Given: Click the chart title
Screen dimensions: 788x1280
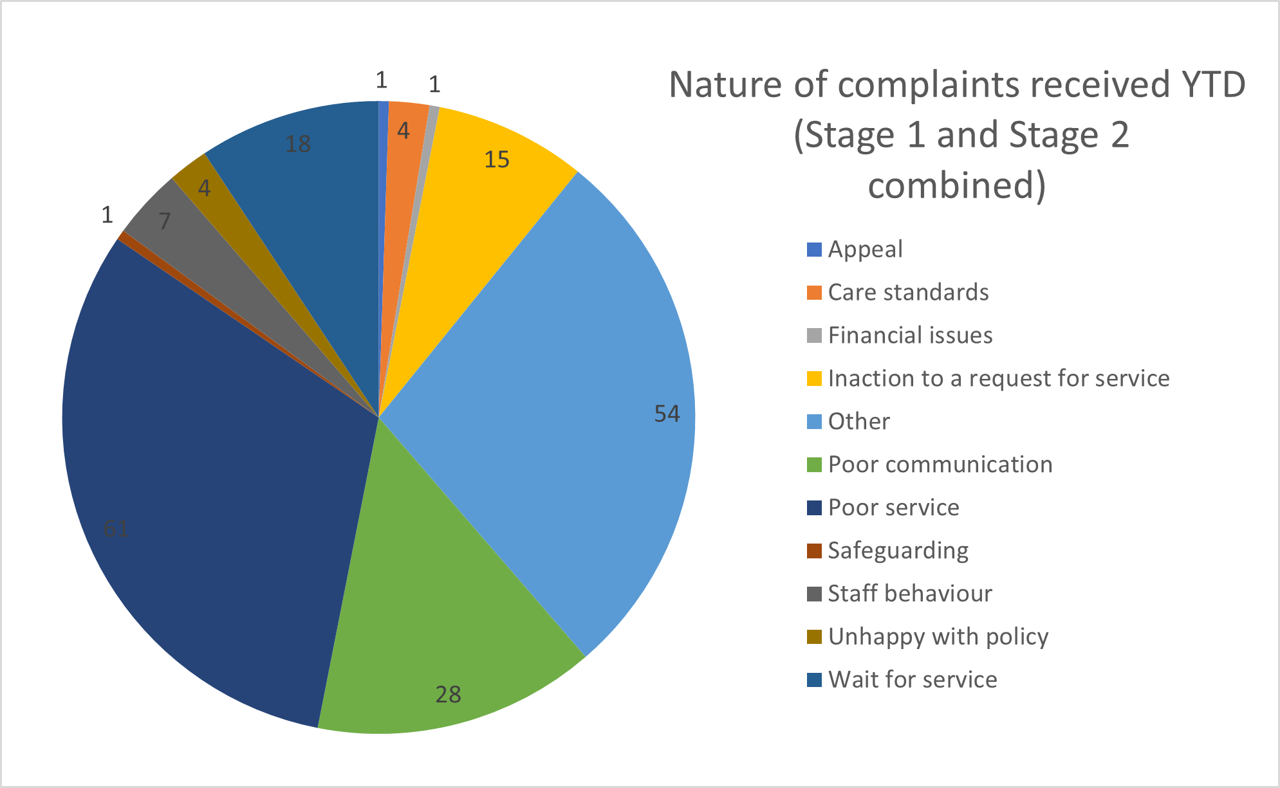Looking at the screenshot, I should click(x=957, y=135).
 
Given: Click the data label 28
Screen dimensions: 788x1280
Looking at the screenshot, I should click(x=448, y=695).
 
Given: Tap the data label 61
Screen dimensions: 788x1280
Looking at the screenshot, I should click(x=116, y=529).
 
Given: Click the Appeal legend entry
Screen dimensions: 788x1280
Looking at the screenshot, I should click(x=865, y=250).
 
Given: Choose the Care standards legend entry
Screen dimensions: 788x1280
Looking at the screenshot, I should click(x=908, y=293).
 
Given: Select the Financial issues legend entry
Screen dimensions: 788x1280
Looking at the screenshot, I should click(x=910, y=336).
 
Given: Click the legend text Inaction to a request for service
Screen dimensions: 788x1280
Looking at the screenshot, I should click(x=998, y=379).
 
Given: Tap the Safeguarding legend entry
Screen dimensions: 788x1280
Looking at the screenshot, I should click(x=898, y=551).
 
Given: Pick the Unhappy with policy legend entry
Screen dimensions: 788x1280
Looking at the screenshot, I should click(x=938, y=637).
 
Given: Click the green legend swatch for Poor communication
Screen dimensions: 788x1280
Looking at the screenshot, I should click(x=814, y=465).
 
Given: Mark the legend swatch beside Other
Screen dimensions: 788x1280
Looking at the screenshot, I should click(x=814, y=422).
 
